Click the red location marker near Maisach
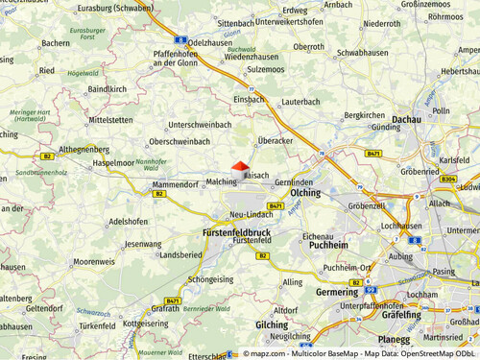point(240,166)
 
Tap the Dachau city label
point(407,119)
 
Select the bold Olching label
point(305,193)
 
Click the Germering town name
point(336,291)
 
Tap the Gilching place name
point(272,324)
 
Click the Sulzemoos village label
point(265,69)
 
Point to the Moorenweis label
point(94,261)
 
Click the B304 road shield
point(448,179)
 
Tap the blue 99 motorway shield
point(371,289)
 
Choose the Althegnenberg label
point(84,150)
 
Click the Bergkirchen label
point(364,114)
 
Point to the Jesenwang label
point(143,244)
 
